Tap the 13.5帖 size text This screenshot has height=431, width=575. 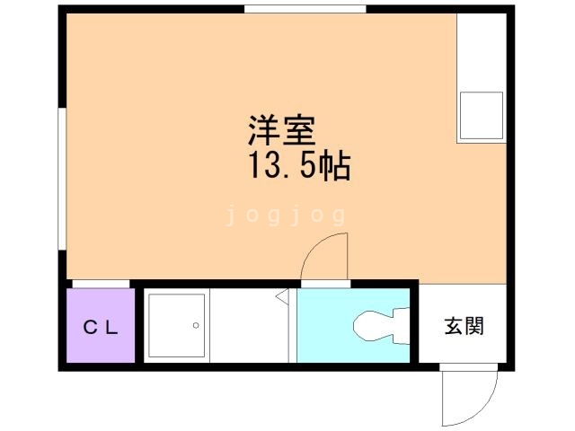(297, 167)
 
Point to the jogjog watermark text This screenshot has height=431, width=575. (286, 215)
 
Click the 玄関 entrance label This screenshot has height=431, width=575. (464, 326)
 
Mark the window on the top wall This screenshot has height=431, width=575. (305, 9)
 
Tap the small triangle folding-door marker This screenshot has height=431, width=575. (281, 295)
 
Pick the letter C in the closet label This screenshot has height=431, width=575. (91, 327)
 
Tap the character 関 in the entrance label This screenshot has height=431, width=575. (474, 326)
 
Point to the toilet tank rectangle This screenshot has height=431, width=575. (402, 324)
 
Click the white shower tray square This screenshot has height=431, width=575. (175, 324)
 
